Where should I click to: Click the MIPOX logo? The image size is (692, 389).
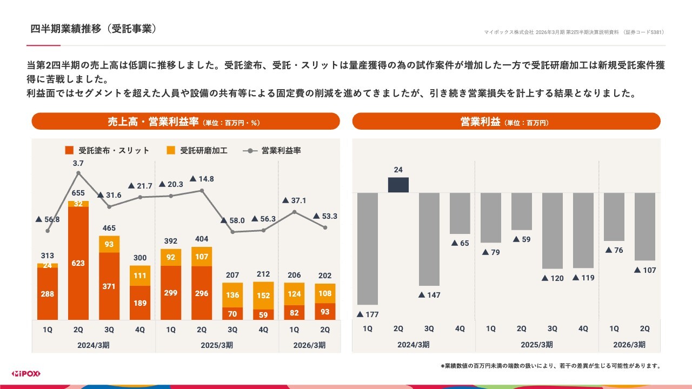click(26, 374)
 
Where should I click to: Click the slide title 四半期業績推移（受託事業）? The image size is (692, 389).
click(94, 29)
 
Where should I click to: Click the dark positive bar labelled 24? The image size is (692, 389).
click(398, 185)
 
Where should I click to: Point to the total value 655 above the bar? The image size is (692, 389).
click(78, 193)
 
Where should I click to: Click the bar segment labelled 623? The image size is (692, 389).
click(78, 263)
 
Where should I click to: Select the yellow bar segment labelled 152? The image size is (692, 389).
click(263, 295)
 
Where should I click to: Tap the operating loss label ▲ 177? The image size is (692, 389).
click(368, 314)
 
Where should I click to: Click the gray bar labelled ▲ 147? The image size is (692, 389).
click(429, 239)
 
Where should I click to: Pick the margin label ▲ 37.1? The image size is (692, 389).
click(294, 200)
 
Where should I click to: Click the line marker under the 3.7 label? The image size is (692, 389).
click(78, 173)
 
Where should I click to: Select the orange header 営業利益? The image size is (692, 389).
click(506, 122)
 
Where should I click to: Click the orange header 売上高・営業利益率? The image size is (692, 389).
click(185, 122)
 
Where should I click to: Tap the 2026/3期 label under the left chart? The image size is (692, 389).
click(309, 345)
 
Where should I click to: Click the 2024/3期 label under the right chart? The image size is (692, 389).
click(414, 345)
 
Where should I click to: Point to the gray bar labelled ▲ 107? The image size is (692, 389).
click(645, 226)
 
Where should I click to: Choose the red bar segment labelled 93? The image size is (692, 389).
click(325, 311)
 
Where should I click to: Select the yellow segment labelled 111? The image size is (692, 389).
click(140, 276)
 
